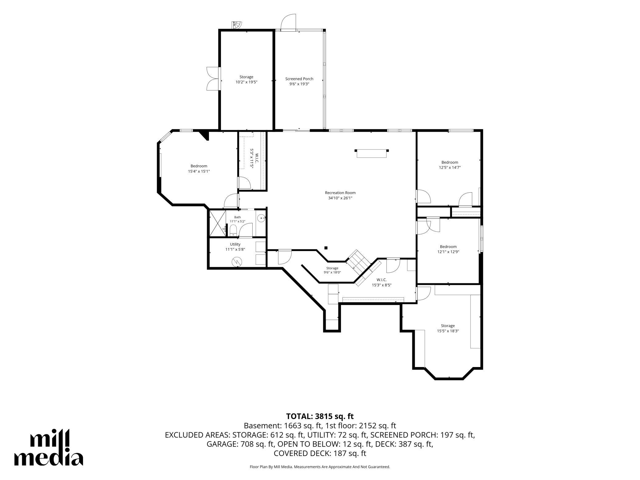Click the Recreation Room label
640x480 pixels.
(x=340, y=193)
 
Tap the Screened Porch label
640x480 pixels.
(x=299, y=79)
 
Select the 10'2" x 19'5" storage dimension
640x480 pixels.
(x=246, y=82)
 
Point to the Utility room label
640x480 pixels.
(x=235, y=244)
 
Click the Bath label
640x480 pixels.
(x=237, y=217)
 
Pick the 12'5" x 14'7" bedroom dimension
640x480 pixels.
(x=450, y=168)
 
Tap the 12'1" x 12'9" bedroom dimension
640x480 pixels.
(x=448, y=252)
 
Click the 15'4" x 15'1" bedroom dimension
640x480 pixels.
(x=199, y=171)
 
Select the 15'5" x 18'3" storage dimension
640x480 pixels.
(x=448, y=331)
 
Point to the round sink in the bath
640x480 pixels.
(x=262, y=218)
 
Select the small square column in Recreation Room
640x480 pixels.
(x=326, y=248)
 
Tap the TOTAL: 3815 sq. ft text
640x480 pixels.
(x=320, y=416)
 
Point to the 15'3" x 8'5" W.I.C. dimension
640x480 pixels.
(x=382, y=285)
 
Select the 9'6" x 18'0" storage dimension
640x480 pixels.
(x=332, y=272)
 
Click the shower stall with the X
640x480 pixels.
(x=217, y=223)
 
